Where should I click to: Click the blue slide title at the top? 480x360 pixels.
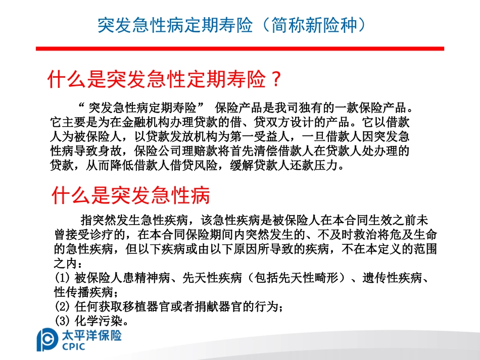click(231, 25)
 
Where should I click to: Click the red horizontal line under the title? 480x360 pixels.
click(239, 48)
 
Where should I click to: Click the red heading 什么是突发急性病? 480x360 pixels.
click(131, 194)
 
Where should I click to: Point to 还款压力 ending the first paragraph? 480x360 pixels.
click(315, 165)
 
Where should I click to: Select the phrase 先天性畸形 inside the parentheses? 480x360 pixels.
click(301, 278)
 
